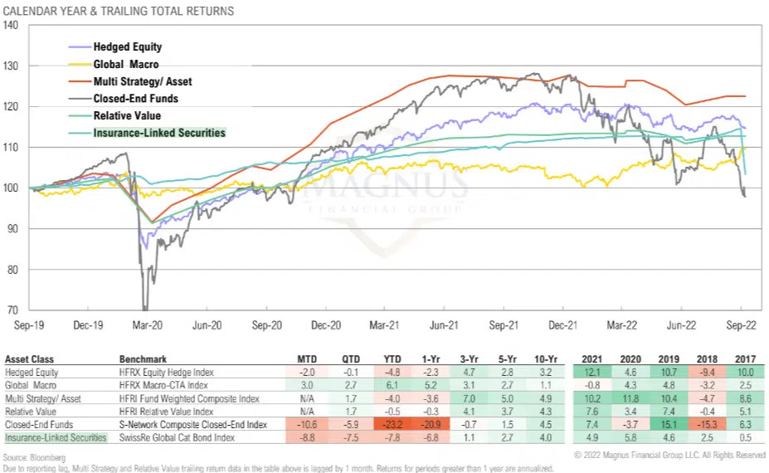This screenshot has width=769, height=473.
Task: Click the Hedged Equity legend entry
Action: (127, 47)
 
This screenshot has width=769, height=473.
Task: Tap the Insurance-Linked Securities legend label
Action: (159, 133)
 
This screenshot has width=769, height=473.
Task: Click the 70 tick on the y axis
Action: (13, 310)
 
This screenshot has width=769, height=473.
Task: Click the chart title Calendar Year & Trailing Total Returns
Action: (119, 12)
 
